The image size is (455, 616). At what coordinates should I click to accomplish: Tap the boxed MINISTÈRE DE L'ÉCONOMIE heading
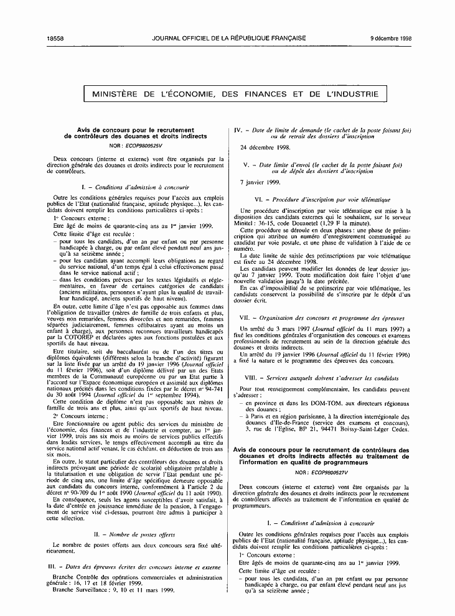tap(235, 94)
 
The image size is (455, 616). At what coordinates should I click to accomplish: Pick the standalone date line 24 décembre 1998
tap(265, 148)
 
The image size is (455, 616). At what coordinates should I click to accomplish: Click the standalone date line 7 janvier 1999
tap(260, 182)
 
